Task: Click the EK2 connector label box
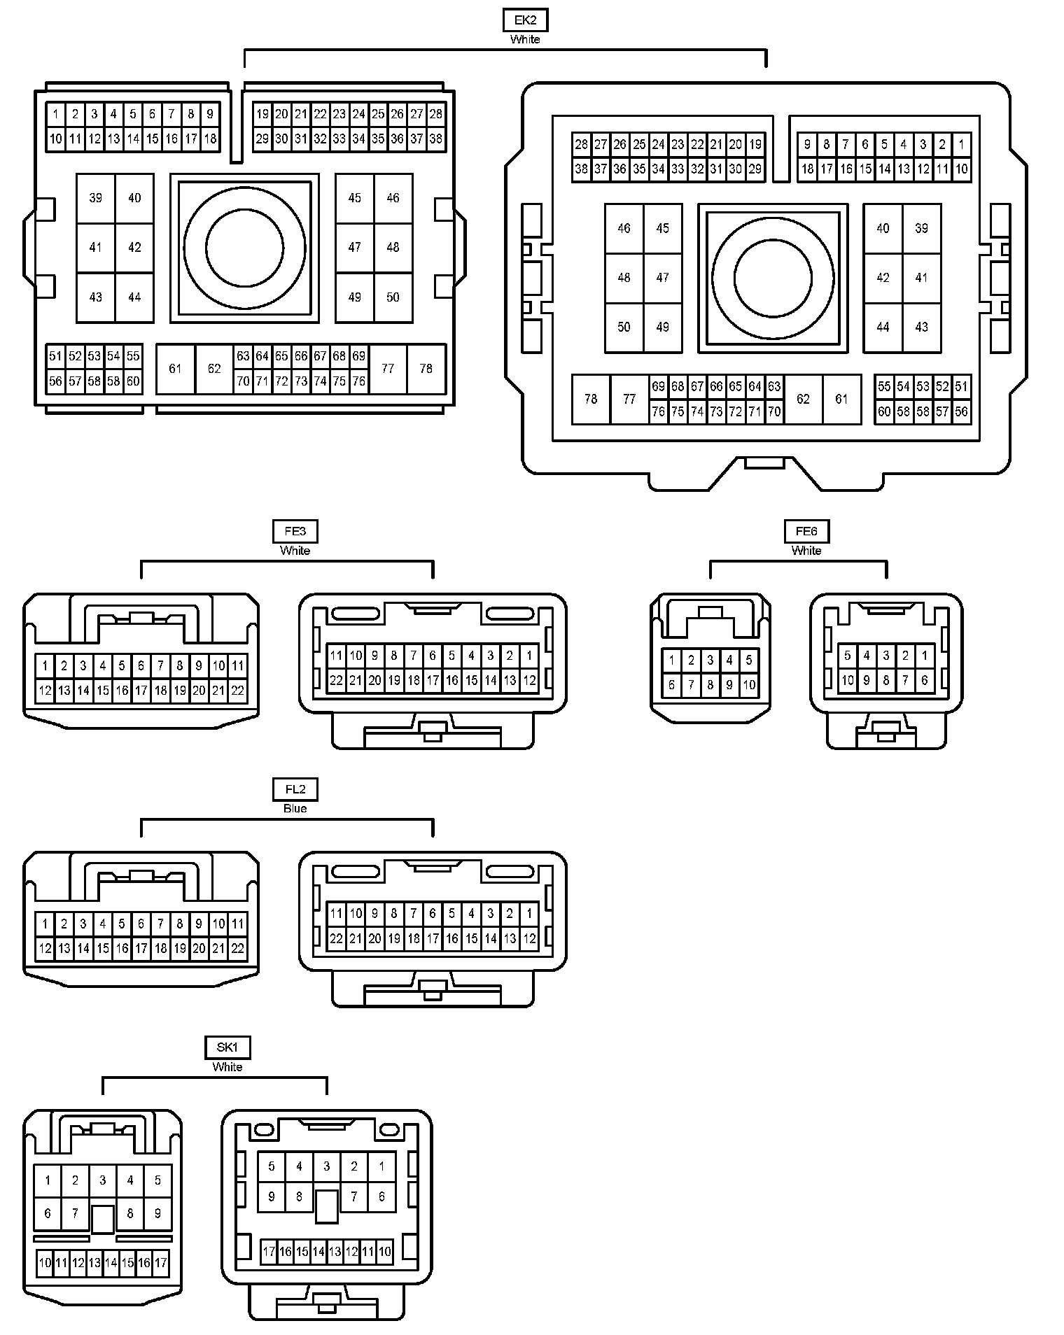click(x=525, y=20)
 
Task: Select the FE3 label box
click(x=295, y=531)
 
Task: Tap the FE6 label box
click(x=806, y=531)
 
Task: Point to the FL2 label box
click(x=295, y=789)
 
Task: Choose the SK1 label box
click(x=227, y=1047)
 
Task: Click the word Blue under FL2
click(x=295, y=808)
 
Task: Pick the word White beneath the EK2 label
click(x=525, y=39)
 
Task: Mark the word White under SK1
click(x=227, y=1066)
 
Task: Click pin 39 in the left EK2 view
click(x=95, y=198)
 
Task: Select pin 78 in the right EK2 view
click(x=591, y=399)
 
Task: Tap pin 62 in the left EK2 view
click(x=214, y=369)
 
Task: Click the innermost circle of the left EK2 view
click(x=245, y=248)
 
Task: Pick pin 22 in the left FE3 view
click(x=238, y=691)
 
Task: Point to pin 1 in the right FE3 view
click(x=529, y=656)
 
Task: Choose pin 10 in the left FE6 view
click(x=749, y=684)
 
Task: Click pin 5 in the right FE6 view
click(x=848, y=656)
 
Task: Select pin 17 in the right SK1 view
click(x=269, y=1252)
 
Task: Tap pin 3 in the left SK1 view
click(x=102, y=1180)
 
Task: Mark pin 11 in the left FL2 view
click(x=238, y=924)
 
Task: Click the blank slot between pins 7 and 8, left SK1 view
click(x=103, y=1219)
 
